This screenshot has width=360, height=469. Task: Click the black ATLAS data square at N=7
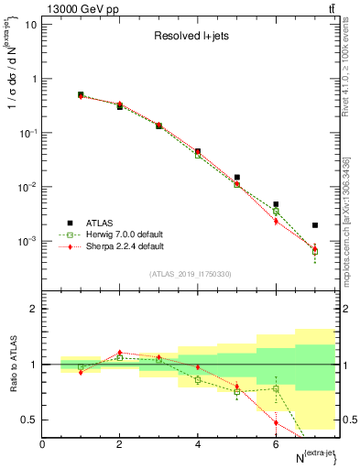(x=315, y=225)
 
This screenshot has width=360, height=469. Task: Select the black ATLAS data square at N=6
(x=276, y=204)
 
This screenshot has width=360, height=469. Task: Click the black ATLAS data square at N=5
(x=237, y=178)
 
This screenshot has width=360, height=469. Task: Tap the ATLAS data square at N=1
(x=81, y=94)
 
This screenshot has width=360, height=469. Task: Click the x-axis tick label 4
(x=198, y=443)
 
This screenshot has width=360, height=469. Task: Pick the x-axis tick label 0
(x=42, y=443)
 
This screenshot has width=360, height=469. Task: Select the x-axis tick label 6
(x=276, y=443)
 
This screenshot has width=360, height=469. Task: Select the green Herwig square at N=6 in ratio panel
(x=276, y=388)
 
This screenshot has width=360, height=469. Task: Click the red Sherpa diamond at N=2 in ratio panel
(x=120, y=352)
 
